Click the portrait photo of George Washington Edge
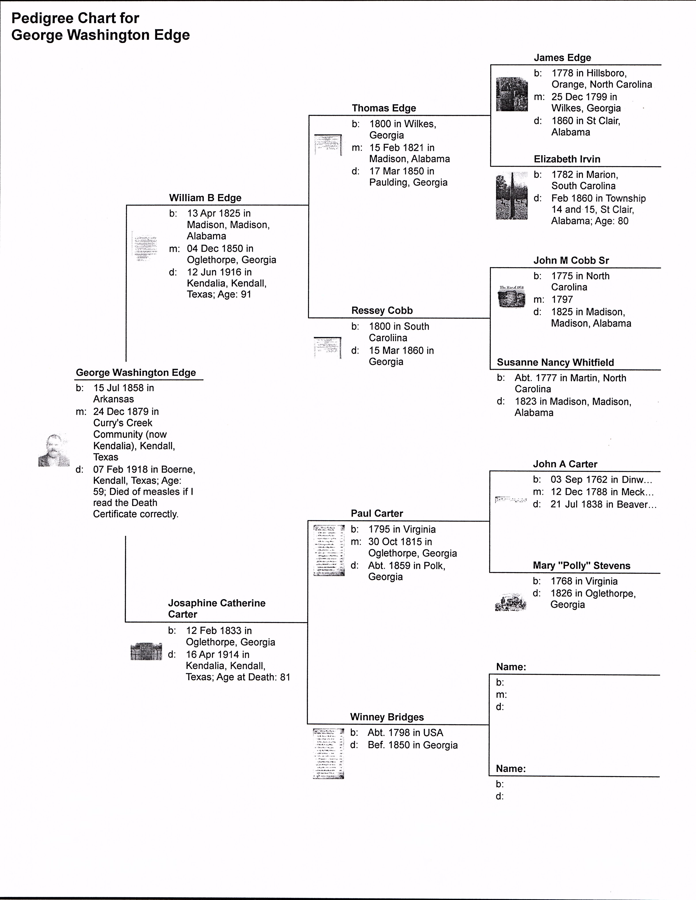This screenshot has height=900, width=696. pyautogui.click(x=54, y=450)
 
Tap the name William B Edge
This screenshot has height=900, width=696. pyautogui.click(x=205, y=198)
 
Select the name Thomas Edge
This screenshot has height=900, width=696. pyautogui.click(x=384, y=108)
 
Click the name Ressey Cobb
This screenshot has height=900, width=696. pyautogui.click(x=382, y=311)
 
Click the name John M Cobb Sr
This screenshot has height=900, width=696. pyautogui.click(x=571, y=261)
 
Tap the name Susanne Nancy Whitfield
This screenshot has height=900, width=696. pyautogui.click(x=555, y=363)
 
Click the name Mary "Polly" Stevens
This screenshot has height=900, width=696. pyautogui.click(x=581, y=566)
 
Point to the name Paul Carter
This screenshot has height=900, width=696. pyautogui.click(x=377, y=513)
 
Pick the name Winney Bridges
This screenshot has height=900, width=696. pyautogui.click(x=387, y=717)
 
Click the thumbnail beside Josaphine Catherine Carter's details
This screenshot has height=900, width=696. pyautogui.click(x=146, y=651)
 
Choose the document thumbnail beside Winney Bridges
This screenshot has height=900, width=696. pyautogui.click(x=328, y=754)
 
